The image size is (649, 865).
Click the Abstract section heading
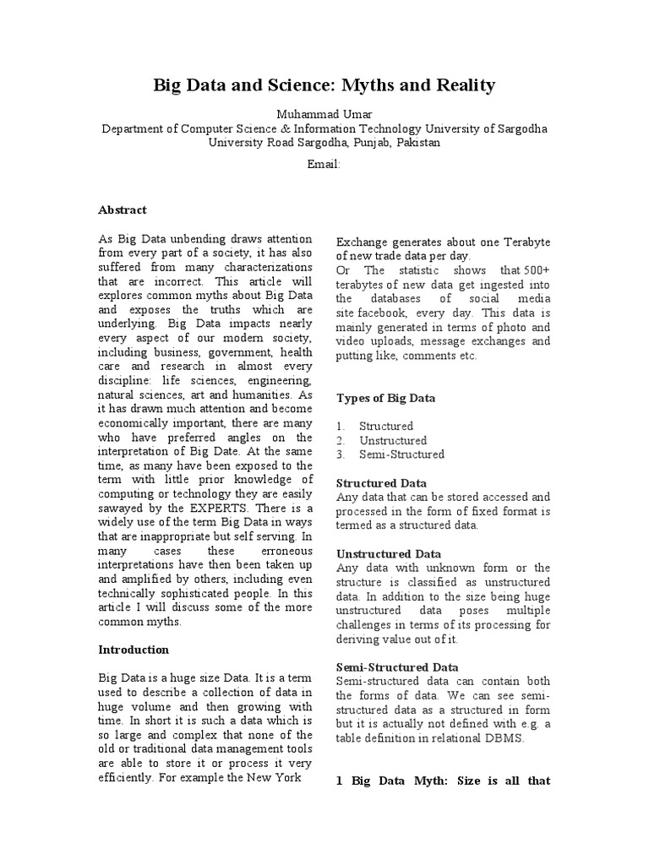click(123, 209)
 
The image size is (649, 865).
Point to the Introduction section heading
click(134, 650)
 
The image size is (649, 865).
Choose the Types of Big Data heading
click(386, 398)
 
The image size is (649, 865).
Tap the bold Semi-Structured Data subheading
click(397, 666)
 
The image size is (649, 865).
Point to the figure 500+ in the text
click(535, 270)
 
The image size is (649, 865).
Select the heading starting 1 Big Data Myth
click(444, 781)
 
